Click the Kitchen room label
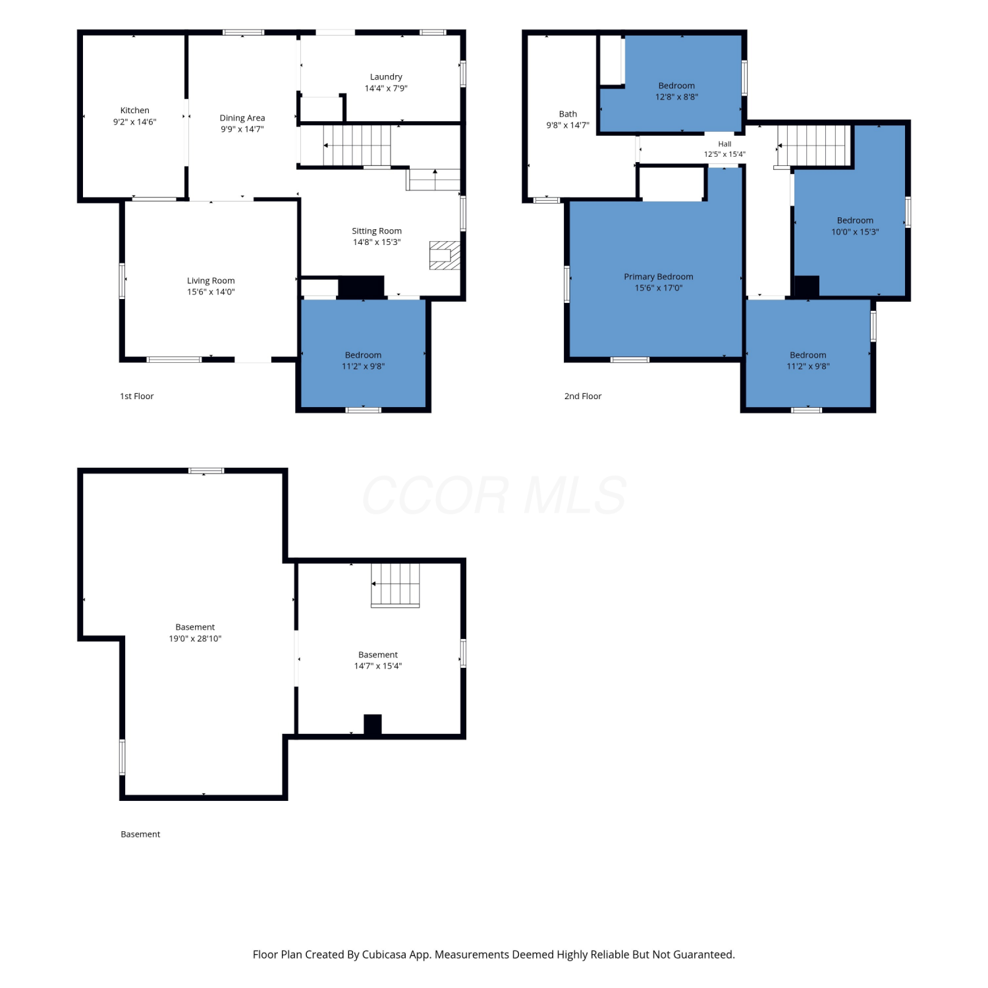tap(134, 111)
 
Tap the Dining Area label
tap(242, 118)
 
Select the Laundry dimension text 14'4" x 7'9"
tap(386, 88)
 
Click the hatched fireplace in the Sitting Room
tap(445, 256)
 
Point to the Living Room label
tap(211, 281)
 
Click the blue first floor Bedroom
tap(363, 354)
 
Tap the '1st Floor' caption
tap(137, 396)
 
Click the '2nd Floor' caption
tap(583, 396)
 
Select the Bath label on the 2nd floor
tap(568, 114)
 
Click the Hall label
tap(725, 144)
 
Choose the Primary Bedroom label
tap(659, 277)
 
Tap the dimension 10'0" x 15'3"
tap(855, 232)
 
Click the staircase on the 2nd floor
tap(815, 145)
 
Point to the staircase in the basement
tap(395, 585)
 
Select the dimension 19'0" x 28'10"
tap(195, 639)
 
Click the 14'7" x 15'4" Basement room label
tap(378, 655)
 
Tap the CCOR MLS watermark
tap(494, 495)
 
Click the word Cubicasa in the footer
tap(384, 954)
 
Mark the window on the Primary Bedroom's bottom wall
tap(630, 360)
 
